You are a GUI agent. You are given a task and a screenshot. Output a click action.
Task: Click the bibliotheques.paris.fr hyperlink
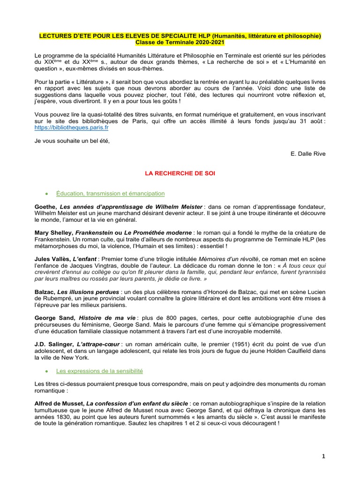72,127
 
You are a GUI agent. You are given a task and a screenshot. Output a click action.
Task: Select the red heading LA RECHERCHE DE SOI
180,173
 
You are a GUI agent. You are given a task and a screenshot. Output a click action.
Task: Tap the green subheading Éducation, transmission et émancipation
110,193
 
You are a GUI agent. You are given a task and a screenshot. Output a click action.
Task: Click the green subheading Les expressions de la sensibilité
99,371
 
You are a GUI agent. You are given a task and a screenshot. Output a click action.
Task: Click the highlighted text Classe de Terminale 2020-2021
180,43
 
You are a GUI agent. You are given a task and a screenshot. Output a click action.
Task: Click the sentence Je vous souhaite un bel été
72,142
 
